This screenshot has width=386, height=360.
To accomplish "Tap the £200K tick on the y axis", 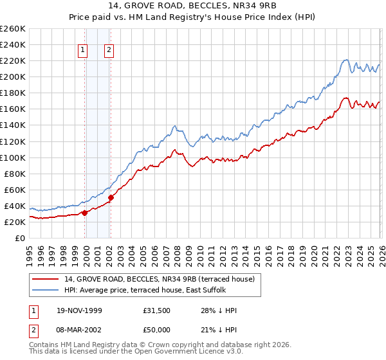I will coord(12,76).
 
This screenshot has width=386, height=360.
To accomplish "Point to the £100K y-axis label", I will coord(12,157).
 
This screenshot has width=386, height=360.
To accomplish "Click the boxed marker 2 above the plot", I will coord(109,51).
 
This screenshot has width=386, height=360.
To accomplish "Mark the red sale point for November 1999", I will coord(85,213).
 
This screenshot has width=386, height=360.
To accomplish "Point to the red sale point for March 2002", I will coord(111,198).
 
